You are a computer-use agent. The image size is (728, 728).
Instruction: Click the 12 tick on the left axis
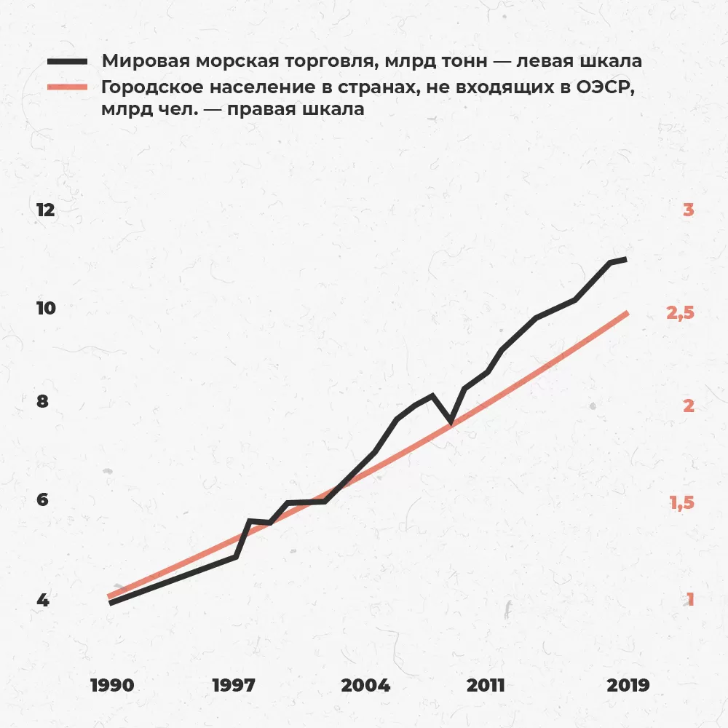tap(45, 210)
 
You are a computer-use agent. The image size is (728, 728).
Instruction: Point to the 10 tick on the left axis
tap(45, 308)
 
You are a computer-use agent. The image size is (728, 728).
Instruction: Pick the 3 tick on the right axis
tap(688, 210)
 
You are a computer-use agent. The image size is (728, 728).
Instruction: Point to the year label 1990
tap(112, 685)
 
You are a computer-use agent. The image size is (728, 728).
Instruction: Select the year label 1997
tap(234, 685)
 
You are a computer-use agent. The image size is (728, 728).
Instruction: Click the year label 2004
tap(365, 685)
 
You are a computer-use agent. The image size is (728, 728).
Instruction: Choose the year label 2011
tap(486, 685)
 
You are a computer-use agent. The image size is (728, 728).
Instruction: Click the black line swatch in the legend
tap(67, 61)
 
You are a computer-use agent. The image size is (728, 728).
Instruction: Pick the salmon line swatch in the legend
tap(67, 87)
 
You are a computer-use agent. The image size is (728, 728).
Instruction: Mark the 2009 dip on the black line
tap(451, 422)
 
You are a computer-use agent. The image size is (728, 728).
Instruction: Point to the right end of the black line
tap(625, 259)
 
